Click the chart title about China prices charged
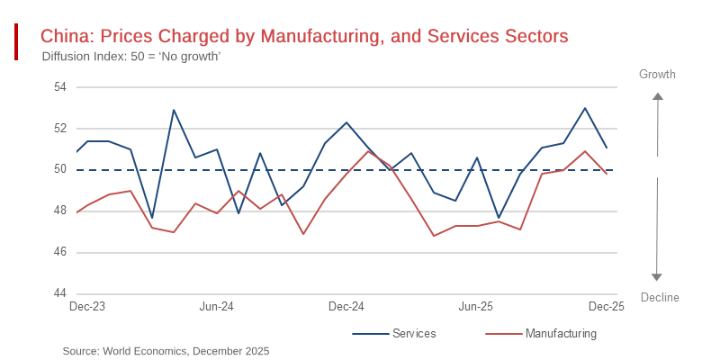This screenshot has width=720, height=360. tap(304, 36)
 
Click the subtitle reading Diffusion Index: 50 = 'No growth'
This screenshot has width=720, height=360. tap(131, 57)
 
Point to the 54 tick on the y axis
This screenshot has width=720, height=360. tap(60, 87)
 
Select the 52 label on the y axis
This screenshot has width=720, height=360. tap(60, 129)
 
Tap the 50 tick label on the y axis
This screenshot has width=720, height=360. tap(60, 170)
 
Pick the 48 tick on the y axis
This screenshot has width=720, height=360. tap(60, 211)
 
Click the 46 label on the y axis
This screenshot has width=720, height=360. tap(60, 253)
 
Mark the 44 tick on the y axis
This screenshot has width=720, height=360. tap(60, 294)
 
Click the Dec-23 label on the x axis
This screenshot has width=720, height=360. tap(87, 307)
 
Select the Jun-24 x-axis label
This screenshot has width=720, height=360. tap(216, 307)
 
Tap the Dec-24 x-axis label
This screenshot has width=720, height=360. tap(346, 307)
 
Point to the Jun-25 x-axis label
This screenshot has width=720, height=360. tap(476, 307)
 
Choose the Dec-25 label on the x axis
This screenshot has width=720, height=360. tap(607, 307)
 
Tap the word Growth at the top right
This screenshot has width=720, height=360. tap(657, 75)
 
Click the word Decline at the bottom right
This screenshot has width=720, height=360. tap(660, 298)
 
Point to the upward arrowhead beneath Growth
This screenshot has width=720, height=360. tap(658, 96)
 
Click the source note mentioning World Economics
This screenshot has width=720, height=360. tap(166, 351)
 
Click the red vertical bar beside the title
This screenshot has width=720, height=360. tap(16, 42)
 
